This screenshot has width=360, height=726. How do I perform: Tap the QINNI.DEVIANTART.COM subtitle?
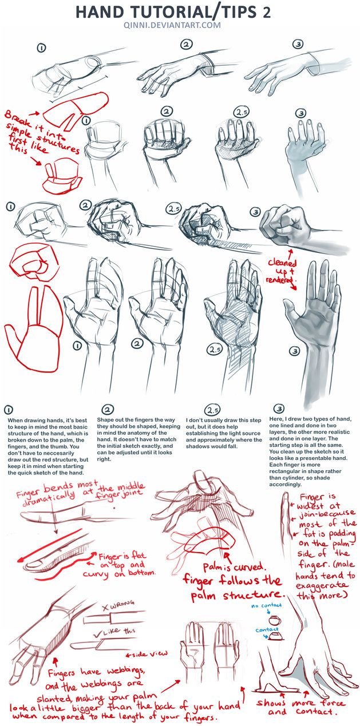point(180,26)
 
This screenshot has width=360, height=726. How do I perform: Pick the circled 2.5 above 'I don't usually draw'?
point(212,410)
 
